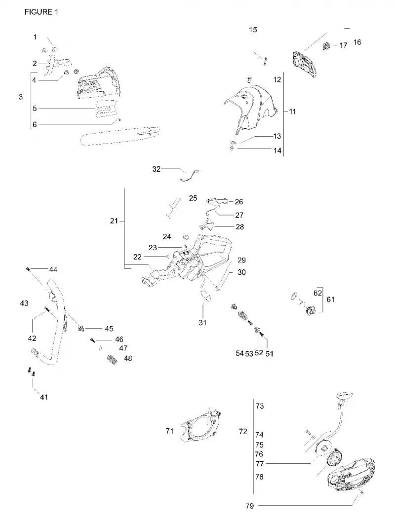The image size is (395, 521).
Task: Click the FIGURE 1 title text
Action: [41, 12]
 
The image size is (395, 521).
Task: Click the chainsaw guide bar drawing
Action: [119, 135]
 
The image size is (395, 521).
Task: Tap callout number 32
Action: [156, 169]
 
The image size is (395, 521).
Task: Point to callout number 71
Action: [169, 431]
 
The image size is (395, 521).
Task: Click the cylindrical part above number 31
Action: [205, 295]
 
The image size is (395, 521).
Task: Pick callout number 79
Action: [250, 506]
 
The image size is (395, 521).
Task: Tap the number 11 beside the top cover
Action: [292, 112]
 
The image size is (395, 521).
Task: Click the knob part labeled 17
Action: [326, 46]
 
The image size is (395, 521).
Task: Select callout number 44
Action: [53, 269]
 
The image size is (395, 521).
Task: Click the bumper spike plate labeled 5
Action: [106, 109]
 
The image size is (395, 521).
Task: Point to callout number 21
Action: [114, 221]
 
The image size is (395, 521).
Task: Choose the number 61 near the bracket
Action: [330, 299]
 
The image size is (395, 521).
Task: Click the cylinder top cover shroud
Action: [251, 109]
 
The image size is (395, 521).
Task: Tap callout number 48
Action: [128, 358]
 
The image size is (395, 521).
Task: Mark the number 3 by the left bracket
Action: [21, 97]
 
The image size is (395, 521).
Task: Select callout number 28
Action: [240, 226]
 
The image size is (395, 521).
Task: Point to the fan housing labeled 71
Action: [201, 425]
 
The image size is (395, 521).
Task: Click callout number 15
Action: [253, 30]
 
